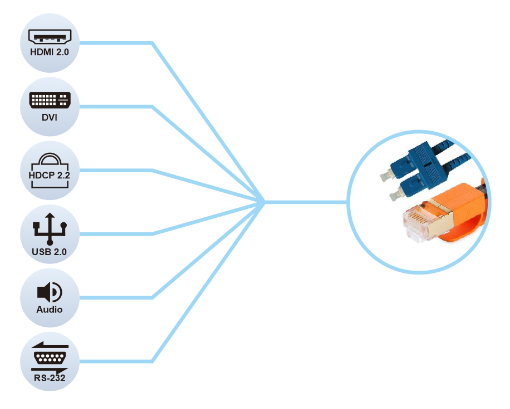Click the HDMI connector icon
pyautogui.click(x=50, y=36)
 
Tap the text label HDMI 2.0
pyautogui.click(x=50, y=52)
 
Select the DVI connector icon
pyautogui.click(x=50, y=100)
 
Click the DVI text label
pyautogui.click(x=50, y=117)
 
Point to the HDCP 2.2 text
pyautogui.click(x=50, y=175)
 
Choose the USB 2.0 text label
pyautogui.click(x=50, y=252)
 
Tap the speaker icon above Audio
pyautogui.click(x=50, y=292)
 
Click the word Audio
pyautogui.click(x=50, y=310)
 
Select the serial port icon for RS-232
pyautogui.click(x=50, y=358)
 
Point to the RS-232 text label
pyautogui.click(x=50, y=378)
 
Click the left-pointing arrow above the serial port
pyautogui.click(x=50, y=345)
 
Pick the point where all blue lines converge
pyautogui.click(x=264, y=202)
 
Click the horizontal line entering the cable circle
pyautogui.click(x=306, y=202)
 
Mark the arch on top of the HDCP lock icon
pyautogui.click(x=50, y=158)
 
